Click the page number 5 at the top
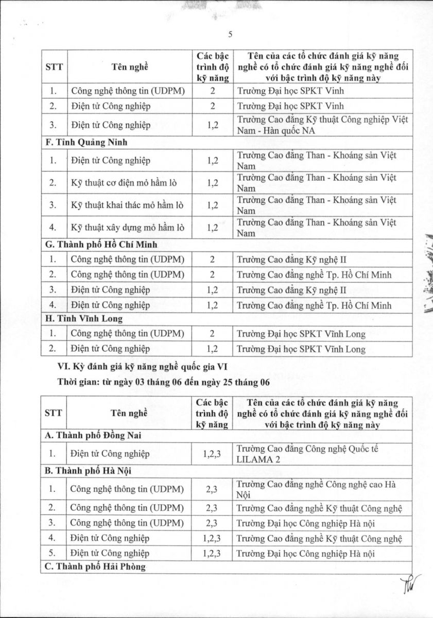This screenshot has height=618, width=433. pyautogui.click(x=231, y=35)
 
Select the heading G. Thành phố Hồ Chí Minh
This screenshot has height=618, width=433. pyautogui.click(x=101, y=245)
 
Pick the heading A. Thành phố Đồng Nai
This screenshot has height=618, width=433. pyautogui.click(x=93, y=436)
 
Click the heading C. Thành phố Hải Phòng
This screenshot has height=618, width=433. pyautogui.click(x=95, y=566)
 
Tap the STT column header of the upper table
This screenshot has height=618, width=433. pyautogui.click(x=54, y=66)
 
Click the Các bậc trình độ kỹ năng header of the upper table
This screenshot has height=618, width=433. pyautogui.click(x=212, y=66)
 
